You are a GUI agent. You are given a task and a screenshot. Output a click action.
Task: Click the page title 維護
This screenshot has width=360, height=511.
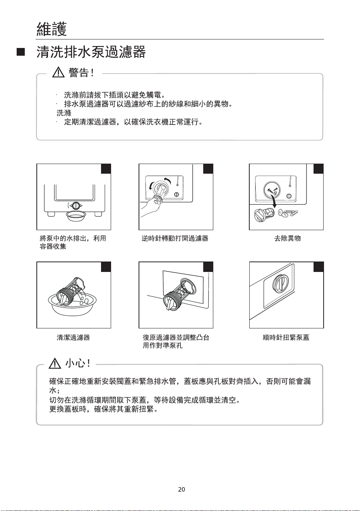[x=52, y=29]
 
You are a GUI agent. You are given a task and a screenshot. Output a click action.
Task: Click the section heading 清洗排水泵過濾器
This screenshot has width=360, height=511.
[x=91, y=52]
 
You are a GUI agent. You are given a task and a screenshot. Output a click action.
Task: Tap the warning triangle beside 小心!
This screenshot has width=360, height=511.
[x=55, y=363]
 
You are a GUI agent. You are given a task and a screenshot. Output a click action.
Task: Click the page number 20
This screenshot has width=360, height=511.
[x=182, y=489]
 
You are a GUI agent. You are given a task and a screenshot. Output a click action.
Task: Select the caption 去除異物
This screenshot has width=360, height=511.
[x=287, y=238]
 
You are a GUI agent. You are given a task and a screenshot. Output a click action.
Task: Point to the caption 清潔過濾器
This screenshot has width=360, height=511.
[x=73, y=337]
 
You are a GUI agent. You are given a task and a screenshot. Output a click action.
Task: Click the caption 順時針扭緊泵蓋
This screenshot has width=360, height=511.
[x=286, y=337]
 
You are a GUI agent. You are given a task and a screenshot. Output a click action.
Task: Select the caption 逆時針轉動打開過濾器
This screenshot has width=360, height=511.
[x=175, y=238]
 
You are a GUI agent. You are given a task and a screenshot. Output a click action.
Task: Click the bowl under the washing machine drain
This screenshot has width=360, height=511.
[x=76, y=215]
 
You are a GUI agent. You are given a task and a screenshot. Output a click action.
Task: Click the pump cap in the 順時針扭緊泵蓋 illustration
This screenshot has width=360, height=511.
[x=281, y=283]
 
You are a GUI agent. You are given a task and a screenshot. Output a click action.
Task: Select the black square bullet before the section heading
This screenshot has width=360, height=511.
[x=21, y=52]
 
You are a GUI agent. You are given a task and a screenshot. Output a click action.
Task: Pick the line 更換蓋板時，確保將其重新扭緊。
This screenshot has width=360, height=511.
[x=103, y=409]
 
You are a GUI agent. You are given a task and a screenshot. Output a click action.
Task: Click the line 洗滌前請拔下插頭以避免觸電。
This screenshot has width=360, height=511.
[x=114, y=95]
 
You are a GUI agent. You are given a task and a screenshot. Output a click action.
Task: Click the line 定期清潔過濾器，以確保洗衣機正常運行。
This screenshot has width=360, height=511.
[x=133, y=122]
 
